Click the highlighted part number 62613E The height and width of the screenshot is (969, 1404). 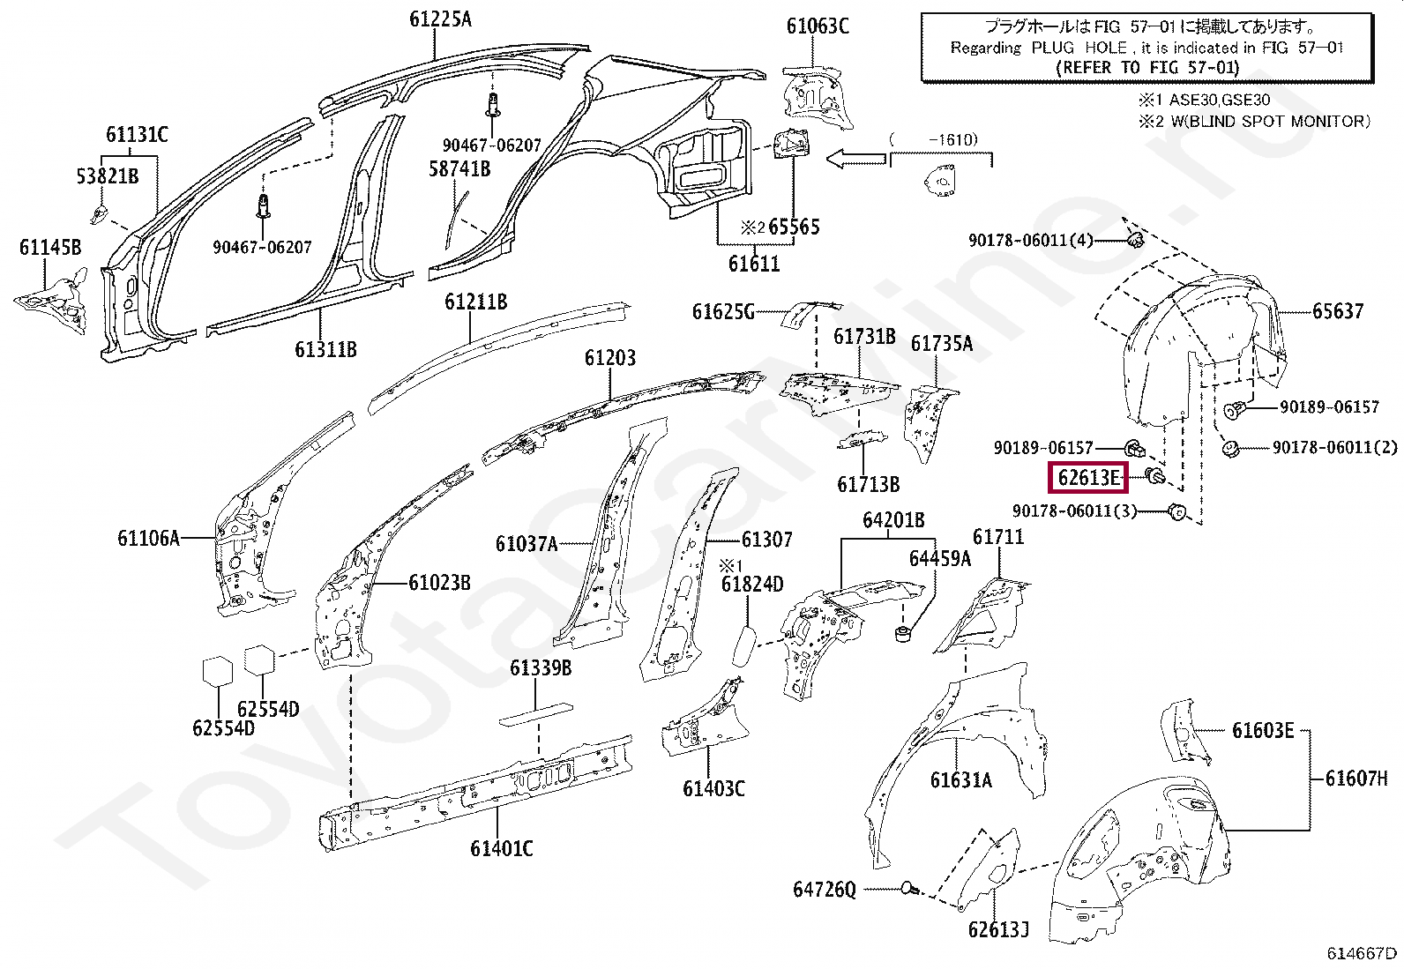tap(1088, 479)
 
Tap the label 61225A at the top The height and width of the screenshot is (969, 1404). tap(440, 19)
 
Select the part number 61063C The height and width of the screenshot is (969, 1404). tap(818, 26)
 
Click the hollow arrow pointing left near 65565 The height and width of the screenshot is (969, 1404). tap(855, 158)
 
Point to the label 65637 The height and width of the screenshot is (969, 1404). tap(1337, 311)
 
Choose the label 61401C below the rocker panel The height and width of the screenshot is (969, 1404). tap(501, 848)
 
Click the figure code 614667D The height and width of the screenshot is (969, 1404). tap(1363, 953)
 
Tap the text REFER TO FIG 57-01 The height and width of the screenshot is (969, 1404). tap(1146, 67)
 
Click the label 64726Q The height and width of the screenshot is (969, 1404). tap(824, 891)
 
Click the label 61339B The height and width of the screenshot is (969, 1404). tap(540, 669)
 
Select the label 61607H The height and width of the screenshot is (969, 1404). tap(1355, 779)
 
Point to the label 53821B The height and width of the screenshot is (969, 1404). tap(107, 176)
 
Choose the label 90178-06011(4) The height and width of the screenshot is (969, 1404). tap(1030, 240)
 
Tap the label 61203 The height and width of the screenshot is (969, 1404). tap(609, 358)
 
